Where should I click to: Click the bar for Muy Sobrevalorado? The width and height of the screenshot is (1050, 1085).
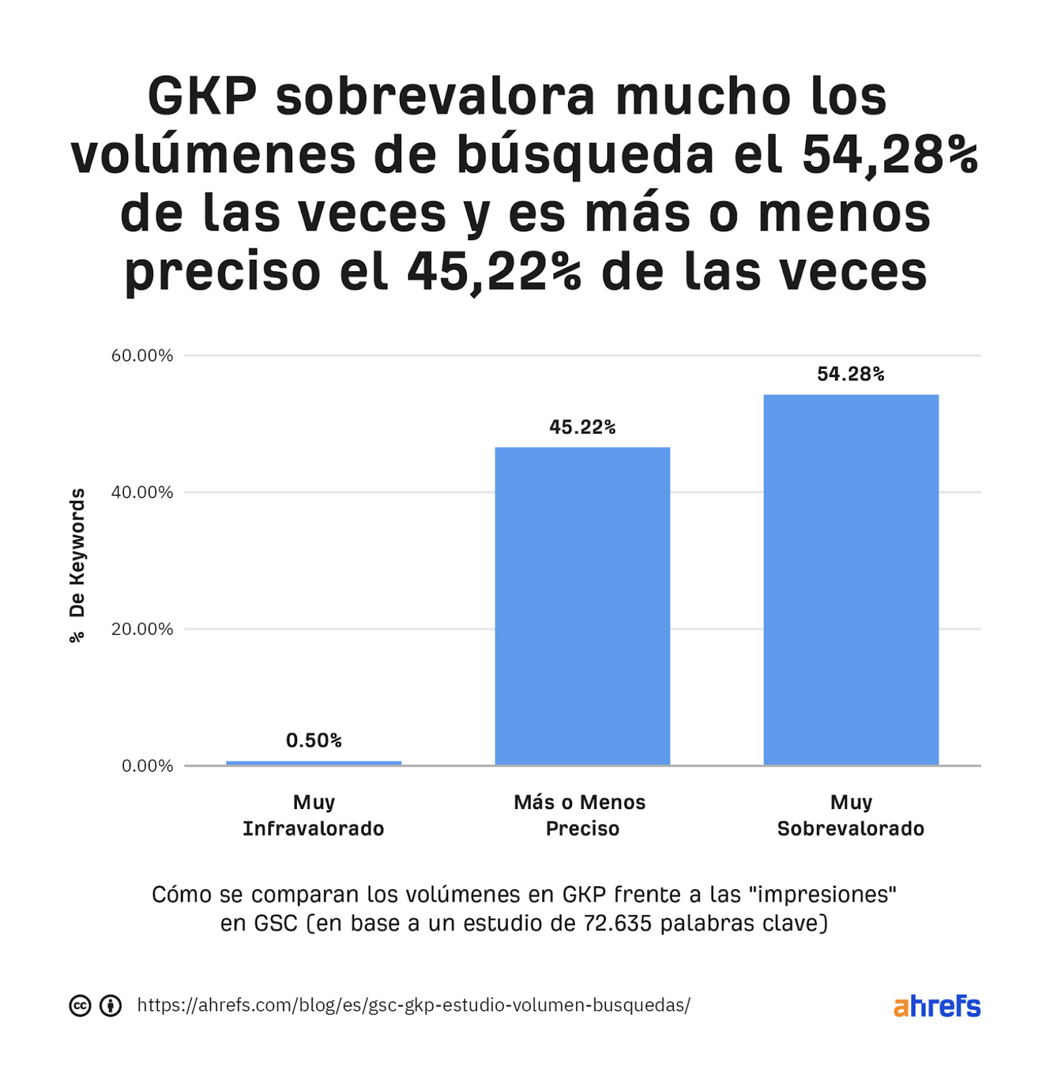[x=851, y=580]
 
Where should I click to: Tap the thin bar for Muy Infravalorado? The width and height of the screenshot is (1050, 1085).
[x=313, y=763]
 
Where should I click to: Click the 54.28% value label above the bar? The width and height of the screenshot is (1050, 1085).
[x=851, y=374]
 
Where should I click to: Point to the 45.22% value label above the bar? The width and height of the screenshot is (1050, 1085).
[x=582, y=427]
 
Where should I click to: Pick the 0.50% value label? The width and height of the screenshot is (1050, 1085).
[x=313, y=740]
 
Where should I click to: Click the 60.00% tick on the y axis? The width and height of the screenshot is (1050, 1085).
[x=142, y=355]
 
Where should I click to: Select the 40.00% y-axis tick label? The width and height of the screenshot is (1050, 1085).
[x=142, y=492]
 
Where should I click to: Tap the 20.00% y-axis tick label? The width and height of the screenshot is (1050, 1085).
[x=142, y=629]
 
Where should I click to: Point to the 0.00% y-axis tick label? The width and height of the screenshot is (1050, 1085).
[x=147, y=766]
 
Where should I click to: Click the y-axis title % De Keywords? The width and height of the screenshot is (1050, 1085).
[x=77, y=564]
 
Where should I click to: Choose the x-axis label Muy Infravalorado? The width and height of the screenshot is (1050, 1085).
[x=313, y=815]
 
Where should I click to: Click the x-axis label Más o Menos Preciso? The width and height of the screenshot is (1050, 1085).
[x=580, y=815]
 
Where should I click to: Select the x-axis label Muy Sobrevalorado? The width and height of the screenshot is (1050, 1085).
[x=851, y=815]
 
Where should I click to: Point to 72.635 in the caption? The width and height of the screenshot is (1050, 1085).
[x=617, y=923]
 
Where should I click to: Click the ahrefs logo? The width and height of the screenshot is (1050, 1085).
[x=937, y=1006]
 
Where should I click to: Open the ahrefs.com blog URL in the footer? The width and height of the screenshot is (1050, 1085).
[x=413, y=1005]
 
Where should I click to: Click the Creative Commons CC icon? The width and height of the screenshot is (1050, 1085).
[x=80, y=1006]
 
